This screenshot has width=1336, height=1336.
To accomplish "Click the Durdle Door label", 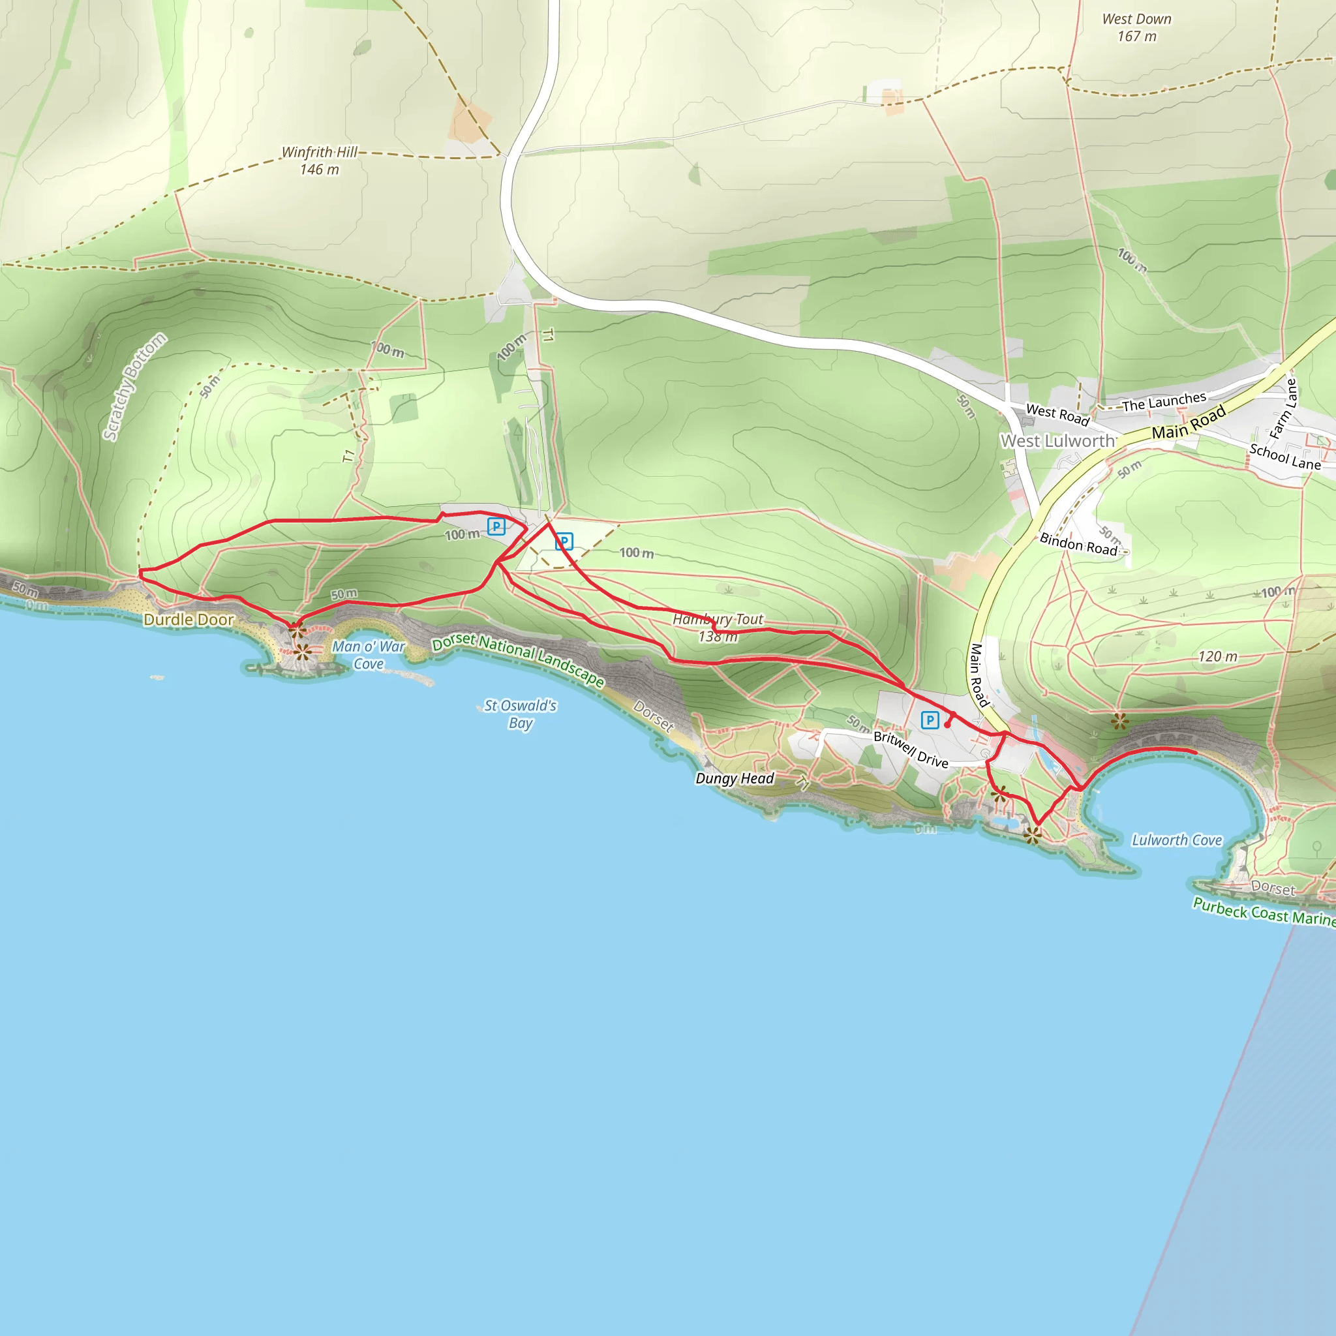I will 189,620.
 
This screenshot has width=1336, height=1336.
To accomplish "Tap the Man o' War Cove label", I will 369,655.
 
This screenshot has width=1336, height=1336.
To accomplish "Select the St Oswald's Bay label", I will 520,714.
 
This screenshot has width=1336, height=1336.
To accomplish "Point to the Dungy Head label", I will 735,779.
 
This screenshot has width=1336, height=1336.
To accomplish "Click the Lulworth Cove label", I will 1177,840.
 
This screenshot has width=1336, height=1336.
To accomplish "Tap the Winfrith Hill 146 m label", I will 320,160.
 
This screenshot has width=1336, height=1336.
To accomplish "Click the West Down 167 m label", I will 1137,27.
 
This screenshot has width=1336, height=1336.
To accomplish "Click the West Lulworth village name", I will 1057,440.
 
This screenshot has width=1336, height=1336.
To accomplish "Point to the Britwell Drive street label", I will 911,750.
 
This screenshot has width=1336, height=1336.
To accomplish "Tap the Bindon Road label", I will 1078,543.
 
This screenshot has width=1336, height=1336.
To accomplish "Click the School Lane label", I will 1285,457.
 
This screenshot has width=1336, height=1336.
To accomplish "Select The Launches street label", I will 1164,402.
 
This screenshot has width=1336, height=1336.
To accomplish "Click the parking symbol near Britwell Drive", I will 930,721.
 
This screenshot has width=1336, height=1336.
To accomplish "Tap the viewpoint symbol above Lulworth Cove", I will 1119,722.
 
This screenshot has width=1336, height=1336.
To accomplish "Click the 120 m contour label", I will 1218,656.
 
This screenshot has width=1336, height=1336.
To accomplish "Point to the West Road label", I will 1057,414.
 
